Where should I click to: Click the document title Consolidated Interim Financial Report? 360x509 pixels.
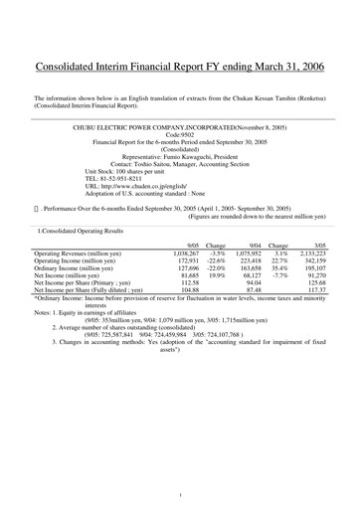pos(180,68)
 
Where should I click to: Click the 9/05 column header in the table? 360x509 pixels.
pos(193,244)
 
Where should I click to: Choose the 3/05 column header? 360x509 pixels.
pos(319,244)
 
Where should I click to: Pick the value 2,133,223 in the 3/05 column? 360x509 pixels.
pos(310,254)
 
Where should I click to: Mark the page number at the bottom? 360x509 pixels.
pos(180,494)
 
